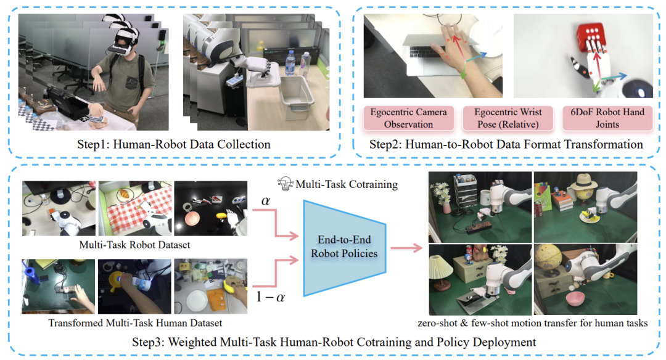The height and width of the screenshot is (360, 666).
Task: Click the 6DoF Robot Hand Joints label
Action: [607, 118]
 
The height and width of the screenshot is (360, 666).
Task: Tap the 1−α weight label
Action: [270, 298]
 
